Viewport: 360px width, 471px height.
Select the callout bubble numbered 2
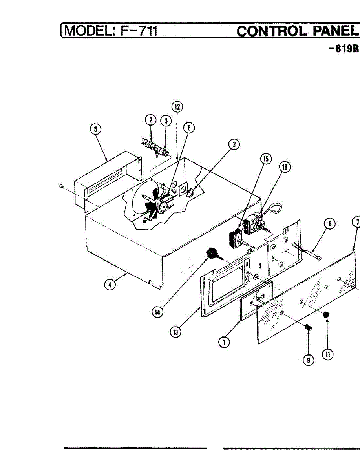(x=151, y=120)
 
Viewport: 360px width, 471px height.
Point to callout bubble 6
(x=188, y=128)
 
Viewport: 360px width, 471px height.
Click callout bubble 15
(x=266, y=159)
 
